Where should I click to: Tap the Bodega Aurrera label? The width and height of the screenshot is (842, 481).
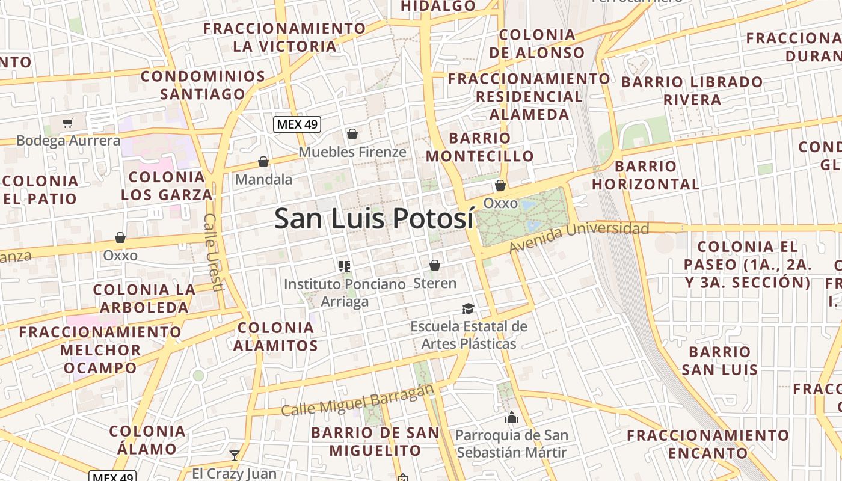69,141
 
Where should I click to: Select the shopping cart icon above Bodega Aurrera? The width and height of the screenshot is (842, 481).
67,123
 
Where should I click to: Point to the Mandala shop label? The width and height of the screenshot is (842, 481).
263,179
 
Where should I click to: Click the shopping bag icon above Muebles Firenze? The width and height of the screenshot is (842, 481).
352,134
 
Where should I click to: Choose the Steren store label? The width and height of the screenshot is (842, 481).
435,283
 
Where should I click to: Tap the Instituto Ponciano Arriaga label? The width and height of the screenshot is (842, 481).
345,292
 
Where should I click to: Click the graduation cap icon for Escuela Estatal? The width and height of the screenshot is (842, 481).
468,309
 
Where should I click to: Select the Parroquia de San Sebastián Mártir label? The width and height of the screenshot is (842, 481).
512,443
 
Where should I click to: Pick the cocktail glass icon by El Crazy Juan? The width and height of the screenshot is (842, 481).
235,455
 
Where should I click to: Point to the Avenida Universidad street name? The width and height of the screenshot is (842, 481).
579,237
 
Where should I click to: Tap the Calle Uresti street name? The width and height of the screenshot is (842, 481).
214,253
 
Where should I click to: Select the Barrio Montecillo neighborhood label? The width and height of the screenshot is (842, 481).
480,147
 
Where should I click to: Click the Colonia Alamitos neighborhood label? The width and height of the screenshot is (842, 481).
275,337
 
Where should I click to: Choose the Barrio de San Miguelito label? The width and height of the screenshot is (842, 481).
375,441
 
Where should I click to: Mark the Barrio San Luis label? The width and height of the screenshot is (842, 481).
720,360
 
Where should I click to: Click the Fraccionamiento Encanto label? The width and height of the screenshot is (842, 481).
708,444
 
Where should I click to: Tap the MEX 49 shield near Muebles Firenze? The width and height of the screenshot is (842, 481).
297,124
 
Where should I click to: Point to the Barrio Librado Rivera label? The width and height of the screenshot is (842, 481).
692,90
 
